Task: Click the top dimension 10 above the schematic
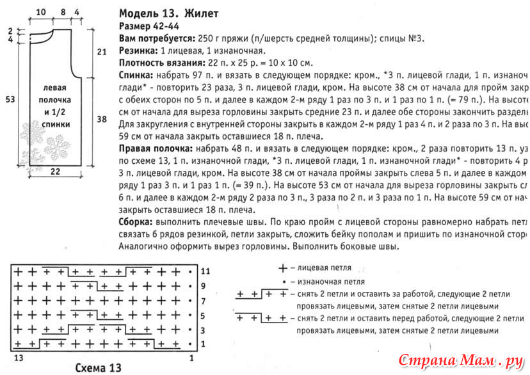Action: point(42,12)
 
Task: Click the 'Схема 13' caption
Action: point(98,368)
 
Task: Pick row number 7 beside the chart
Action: point(204,301)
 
